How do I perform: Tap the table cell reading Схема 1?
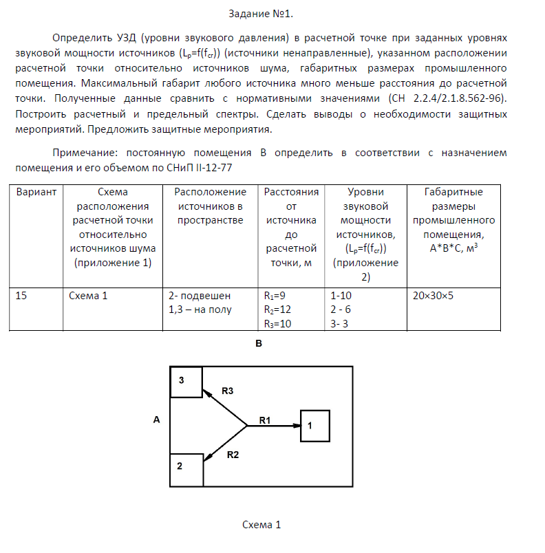pyautogui.click(x=88, y=296)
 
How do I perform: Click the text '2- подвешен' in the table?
pyautogui.click(x=200, y=296)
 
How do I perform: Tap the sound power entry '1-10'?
pyautogui.click(x=342, y=296)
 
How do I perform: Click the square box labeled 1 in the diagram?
pyautogui.click(x=314, y=426)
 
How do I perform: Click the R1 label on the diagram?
pyautogui.click(x=266, y=419)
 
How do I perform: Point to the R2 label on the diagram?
pyautogui.click(x=233, y=455)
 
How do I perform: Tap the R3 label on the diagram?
pyautogui.click(x=228, y=391)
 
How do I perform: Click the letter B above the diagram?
pyautogui.click(x=259, y=343)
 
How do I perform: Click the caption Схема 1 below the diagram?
pyautogui.click(x=262, y=525)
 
